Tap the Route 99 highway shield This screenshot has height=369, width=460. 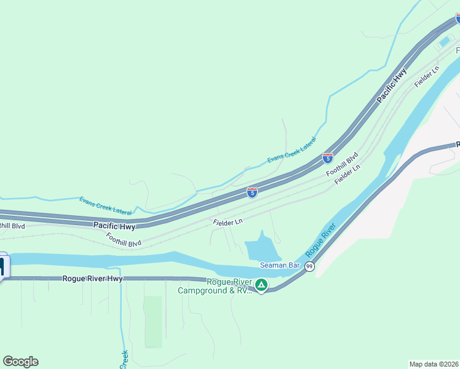point(309,266)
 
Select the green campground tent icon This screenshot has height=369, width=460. point(261,285)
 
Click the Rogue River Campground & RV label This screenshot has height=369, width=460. point(215,287)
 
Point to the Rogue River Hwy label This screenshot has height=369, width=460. point(92,279)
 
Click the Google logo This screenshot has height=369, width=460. point(20,362)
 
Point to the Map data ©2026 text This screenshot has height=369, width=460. point(434,364)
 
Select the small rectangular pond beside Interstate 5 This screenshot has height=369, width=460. point(444,42)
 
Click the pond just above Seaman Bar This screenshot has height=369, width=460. point(261,248)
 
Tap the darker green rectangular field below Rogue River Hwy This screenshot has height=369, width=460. point(153,321)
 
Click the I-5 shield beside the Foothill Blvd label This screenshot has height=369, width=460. point(328,158)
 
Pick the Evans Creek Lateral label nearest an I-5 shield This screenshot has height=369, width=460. point(291,151)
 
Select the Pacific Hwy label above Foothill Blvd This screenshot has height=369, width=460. point(114,226)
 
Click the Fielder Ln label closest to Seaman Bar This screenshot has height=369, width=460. point(228,221)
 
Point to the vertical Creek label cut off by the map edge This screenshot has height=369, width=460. point(124,360)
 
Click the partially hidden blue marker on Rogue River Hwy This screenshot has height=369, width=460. point(2,267)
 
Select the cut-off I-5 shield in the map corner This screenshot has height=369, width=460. point(458,18)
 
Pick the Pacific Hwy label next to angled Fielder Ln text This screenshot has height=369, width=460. point(392,85)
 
